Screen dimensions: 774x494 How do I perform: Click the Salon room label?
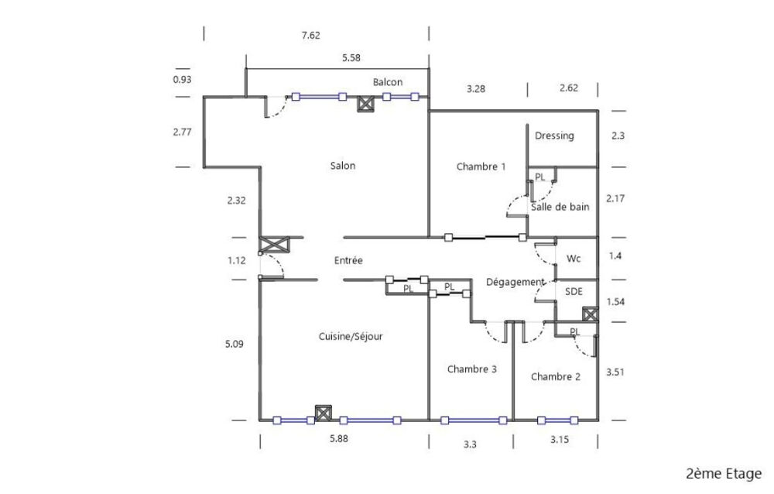tap(343, 166)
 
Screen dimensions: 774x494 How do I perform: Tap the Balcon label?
tap(388, 82)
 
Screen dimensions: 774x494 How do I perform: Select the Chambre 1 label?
tap(481, 166)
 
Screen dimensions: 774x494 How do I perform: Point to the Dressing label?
tap(554, 136)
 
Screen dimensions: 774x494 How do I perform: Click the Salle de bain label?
tap(560, 207)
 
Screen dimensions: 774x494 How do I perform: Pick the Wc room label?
tap(574, 259)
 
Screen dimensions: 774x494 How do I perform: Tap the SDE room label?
tap(574, 291)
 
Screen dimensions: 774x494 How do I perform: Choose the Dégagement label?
tap(515, 282)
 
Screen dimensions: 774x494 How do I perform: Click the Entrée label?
tap(348, 260)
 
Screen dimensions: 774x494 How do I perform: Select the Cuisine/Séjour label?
tap(351, 336)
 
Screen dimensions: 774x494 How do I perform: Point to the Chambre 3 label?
tap(472, 369)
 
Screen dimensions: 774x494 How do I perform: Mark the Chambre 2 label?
tap(555, 376)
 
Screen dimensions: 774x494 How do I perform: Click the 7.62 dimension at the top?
tap(310, 35)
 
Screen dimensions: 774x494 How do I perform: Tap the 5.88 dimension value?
tap(339, 438)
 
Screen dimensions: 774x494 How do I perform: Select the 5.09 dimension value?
tap(234, 344)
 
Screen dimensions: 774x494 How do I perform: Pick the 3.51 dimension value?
tap(615, 372)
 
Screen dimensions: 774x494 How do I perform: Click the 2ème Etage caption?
tap(723, 474)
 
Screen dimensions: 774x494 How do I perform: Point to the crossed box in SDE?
tap(591, 314)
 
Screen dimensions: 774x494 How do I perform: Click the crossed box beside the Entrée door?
tap(274, 245)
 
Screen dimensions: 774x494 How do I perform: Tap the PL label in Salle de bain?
tap(540, 177)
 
